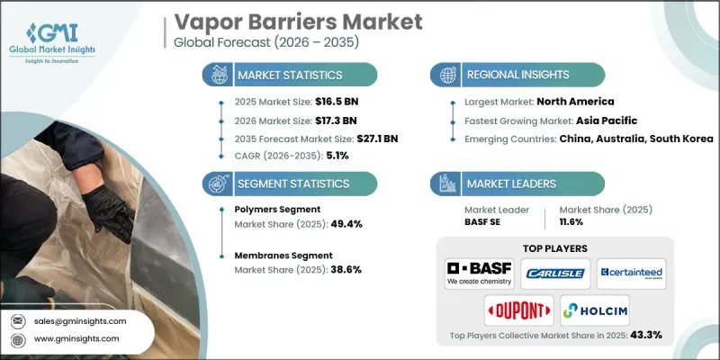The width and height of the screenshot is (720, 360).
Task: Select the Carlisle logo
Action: pyautogui.click(x=555, y=274)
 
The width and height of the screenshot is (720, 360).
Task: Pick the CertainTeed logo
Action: pyautogui.click(x=631, y=274)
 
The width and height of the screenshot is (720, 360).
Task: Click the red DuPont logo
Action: pyautogui.click(x=518, y=310)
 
